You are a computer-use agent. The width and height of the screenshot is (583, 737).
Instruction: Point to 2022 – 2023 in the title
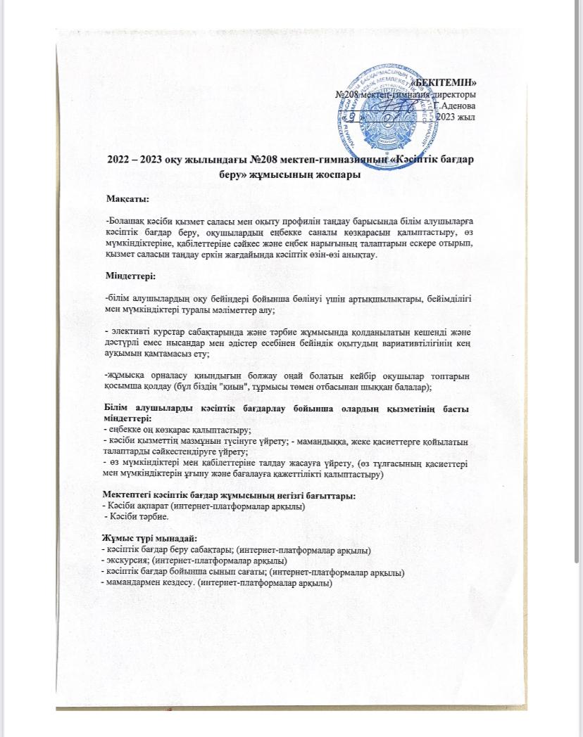tap(134, 160)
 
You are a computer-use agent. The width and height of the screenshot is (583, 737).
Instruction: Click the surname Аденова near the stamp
tap(458, 105)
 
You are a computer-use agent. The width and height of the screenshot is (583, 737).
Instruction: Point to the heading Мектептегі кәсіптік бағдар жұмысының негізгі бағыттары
tap(229, 496)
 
